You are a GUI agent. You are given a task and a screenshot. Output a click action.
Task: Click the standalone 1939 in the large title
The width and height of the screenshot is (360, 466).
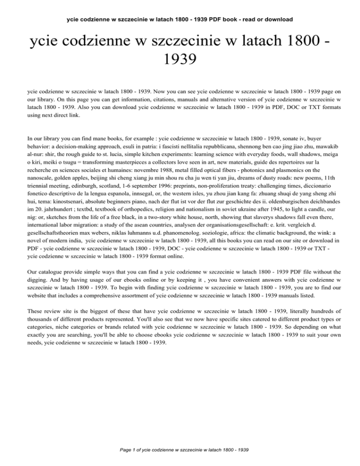click(180, 60)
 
